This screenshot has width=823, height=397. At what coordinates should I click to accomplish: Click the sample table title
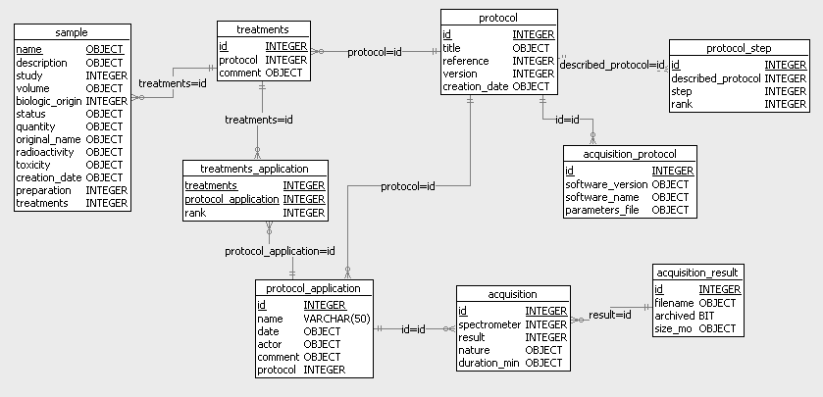(x=72, y=32)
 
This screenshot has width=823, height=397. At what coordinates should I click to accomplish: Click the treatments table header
(x=263, y=29)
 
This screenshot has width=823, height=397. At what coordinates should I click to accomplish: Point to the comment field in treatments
(x=239, y=73)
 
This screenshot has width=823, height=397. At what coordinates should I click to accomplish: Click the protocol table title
(x=498, y=18)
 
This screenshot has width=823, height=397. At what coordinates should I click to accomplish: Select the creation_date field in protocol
(x=476, y=86)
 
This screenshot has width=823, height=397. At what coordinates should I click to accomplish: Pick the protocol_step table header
(x=739, y=48)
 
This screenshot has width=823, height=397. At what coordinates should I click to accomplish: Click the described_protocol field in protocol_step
(x=715, y=78)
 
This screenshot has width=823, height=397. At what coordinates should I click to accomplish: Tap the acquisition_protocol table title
(x=631, y=154)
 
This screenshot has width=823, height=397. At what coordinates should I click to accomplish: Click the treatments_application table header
(x=254, y=169)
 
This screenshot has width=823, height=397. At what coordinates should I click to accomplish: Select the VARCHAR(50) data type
(x=335, y=319)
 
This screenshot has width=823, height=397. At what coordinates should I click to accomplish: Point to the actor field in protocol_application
(x=271, y=344)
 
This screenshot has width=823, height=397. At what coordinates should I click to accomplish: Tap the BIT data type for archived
(x=707, y=316)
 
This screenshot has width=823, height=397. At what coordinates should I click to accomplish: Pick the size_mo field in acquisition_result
(x=674, y=328)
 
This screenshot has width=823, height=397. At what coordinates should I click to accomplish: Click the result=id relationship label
(x=609, y=315)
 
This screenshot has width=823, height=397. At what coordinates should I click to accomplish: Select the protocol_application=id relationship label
(x=280, y=251)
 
